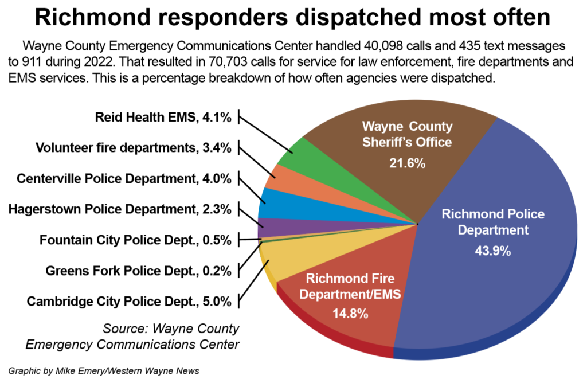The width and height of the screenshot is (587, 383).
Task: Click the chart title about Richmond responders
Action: coord(293,17)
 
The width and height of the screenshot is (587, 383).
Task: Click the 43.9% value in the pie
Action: coord(493,251)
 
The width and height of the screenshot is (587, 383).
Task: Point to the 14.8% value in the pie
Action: coord(350,314)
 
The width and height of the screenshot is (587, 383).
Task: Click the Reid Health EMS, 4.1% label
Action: coord(163,118)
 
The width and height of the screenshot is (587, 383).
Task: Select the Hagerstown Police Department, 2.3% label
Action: coord(120,209)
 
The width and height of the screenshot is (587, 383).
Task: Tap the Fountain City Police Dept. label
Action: coord(135,240)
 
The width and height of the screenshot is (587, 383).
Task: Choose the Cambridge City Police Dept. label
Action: coord(130,300)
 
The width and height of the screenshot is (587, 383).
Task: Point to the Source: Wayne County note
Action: coord(171,329)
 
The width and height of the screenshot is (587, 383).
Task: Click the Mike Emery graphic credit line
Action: coord(104,371)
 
